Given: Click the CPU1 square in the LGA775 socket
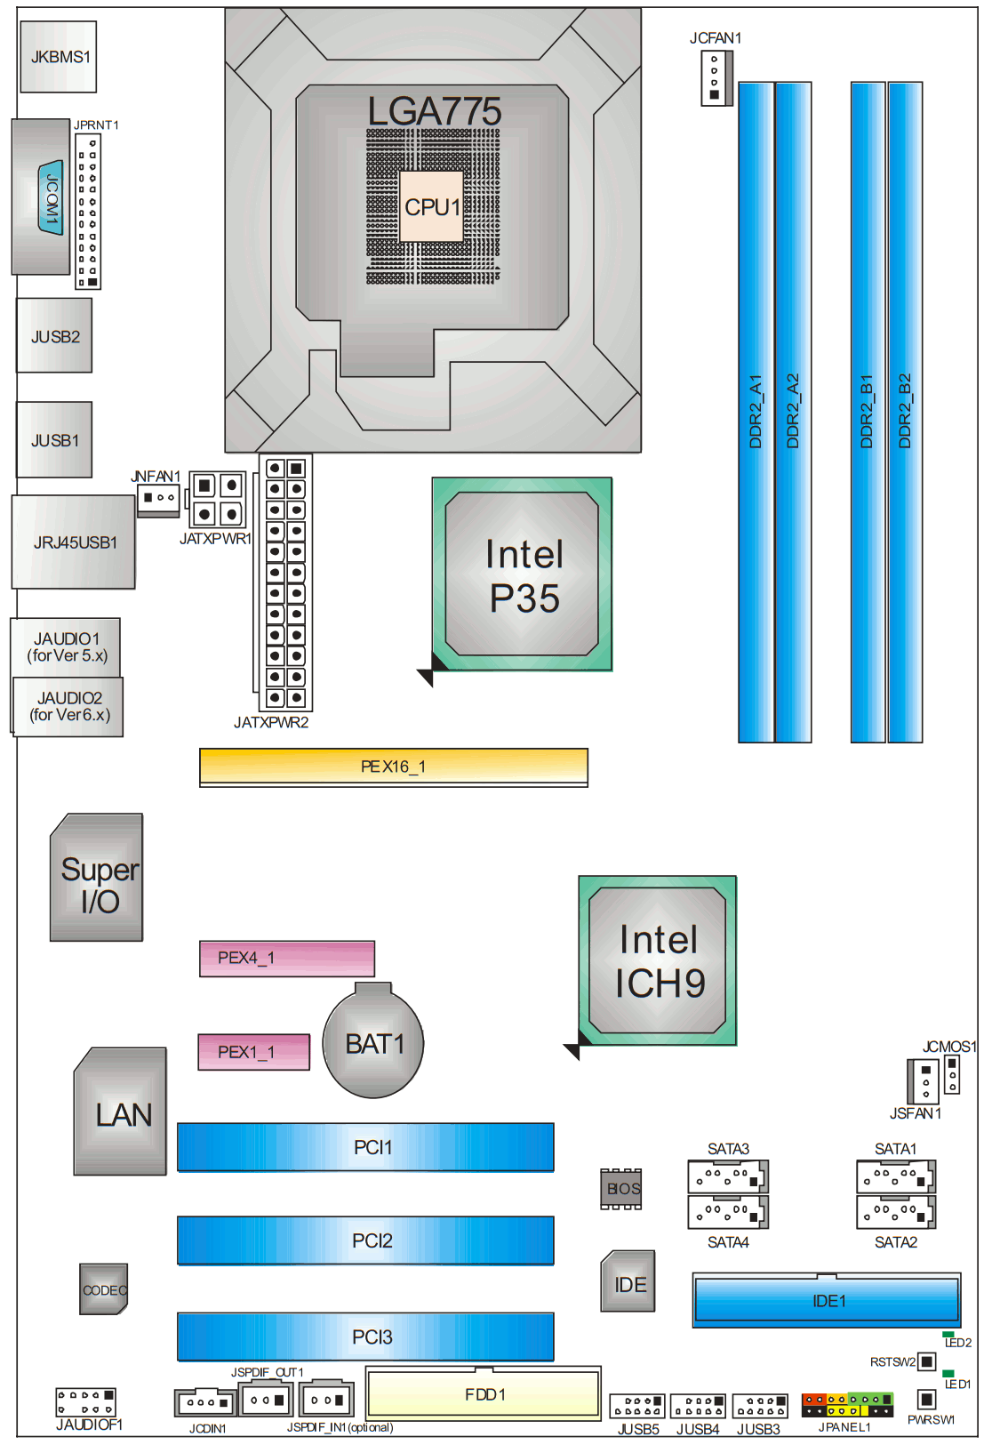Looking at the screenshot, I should [432, 206].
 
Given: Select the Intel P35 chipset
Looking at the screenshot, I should [523, 574].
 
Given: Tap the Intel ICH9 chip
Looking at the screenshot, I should [658, 960].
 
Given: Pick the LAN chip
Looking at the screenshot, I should [121, 1113].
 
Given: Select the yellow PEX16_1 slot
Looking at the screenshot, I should [393, 766].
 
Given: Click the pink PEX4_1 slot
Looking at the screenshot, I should [286, 958].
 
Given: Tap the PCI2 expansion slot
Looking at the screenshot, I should [365, 1240].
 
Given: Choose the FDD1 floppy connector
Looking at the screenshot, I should [484, 1393].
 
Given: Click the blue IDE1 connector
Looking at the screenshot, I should [827, 1300].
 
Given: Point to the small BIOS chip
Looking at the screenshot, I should [621, 1189].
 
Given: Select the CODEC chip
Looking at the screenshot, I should [103, 1289].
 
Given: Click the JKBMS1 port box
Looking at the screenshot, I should [59, 57].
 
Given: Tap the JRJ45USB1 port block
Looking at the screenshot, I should [74, 542].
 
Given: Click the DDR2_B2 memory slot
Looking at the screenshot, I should [905, 412].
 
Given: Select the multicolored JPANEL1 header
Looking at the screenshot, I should [847, 1405].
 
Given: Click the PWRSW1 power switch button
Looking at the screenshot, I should [926, 1400].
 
